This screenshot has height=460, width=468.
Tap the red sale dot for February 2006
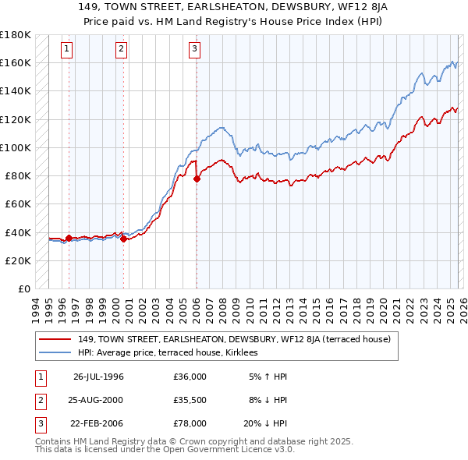pos(196,179)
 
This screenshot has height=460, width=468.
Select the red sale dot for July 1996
pos(69,238)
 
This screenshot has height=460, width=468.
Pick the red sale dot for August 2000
pos(123,239)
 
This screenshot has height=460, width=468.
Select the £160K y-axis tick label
pos(16,62)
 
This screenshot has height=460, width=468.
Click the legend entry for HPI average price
pos(172,353)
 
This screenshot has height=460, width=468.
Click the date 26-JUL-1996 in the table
pos(98,377)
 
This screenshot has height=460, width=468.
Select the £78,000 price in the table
pos(190,423)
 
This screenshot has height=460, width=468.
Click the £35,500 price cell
pos(190,400)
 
